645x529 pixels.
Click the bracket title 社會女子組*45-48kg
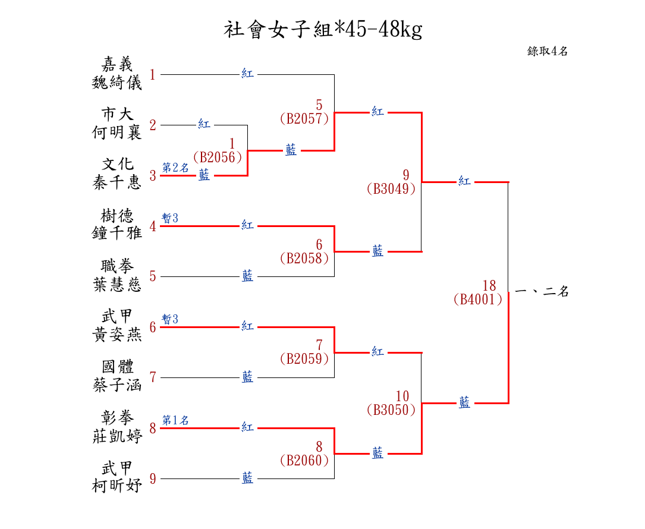pyautogui.click(x=323, y=29)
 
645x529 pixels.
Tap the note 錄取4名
pyautogui.click(x=548, y=51)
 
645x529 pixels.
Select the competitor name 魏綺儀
pyautogui.click(x=117, y=83)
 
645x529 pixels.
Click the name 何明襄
pyautogui.click(x=117, y=133)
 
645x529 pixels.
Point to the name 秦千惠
pyautogui.click(x=117, y=182)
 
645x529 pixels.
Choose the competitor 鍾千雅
pyautogui.click(x=117, y=233)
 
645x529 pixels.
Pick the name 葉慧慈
pyautogui.click(x=117, y=284)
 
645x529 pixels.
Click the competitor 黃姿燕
pyautogui.click(x=117, y=335)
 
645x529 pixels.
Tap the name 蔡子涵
pyautogui.click(x=117, y=385)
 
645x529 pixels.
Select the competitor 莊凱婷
pyautogui.click(x=117, y=436)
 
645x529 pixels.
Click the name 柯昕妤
pyautogui.click(x=117, y=486)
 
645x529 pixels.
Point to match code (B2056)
pyautogui.click(x=218, y=158)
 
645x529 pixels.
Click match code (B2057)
pyautogui.click(x=304, y=119)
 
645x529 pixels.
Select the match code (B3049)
pyautogui.click(x=391, y=189)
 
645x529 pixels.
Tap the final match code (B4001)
pyautogui.click(x=478, y=300)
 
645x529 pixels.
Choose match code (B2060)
pyautogui.click(x=304, y=461)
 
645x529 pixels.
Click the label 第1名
pyautogui.click(x=176, y=420)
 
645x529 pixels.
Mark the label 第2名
pyautogui.click(x=176, y=168)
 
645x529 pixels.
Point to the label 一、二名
pyautogui.click(x=542, y=291)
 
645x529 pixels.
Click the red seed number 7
pyautogui.click(x=153, y=377)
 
